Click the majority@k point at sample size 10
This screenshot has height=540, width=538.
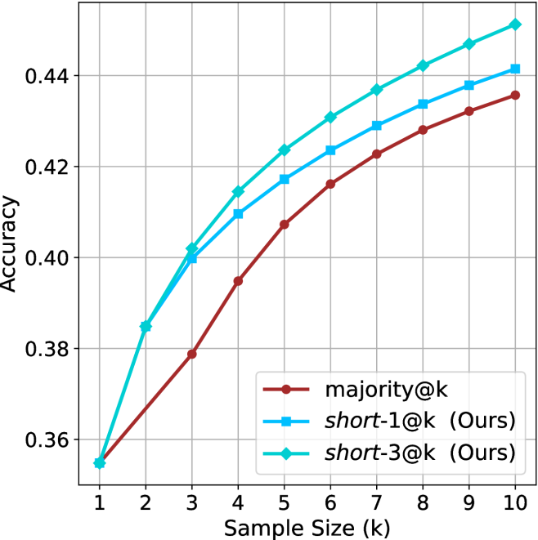pyautogui.click(x=515, y=95)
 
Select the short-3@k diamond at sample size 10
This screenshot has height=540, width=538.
pyautogui.click(x=515, y=25)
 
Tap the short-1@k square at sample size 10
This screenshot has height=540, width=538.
pyautogui.click(x=515, y=69)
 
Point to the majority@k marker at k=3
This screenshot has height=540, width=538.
pyautogui.click(x=192, y=354)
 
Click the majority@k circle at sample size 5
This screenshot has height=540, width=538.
pyautogui.click(x=285, y=224)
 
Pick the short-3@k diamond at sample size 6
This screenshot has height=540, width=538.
pyautogui.click(x=330, y=117)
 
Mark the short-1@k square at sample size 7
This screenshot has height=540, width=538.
pyautogui.click(x=377, y=126)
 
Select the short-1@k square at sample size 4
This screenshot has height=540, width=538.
pyautogui.click(x=238, y=214)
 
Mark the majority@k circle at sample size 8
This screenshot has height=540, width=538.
pyautogui.click(x=423, y=130)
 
